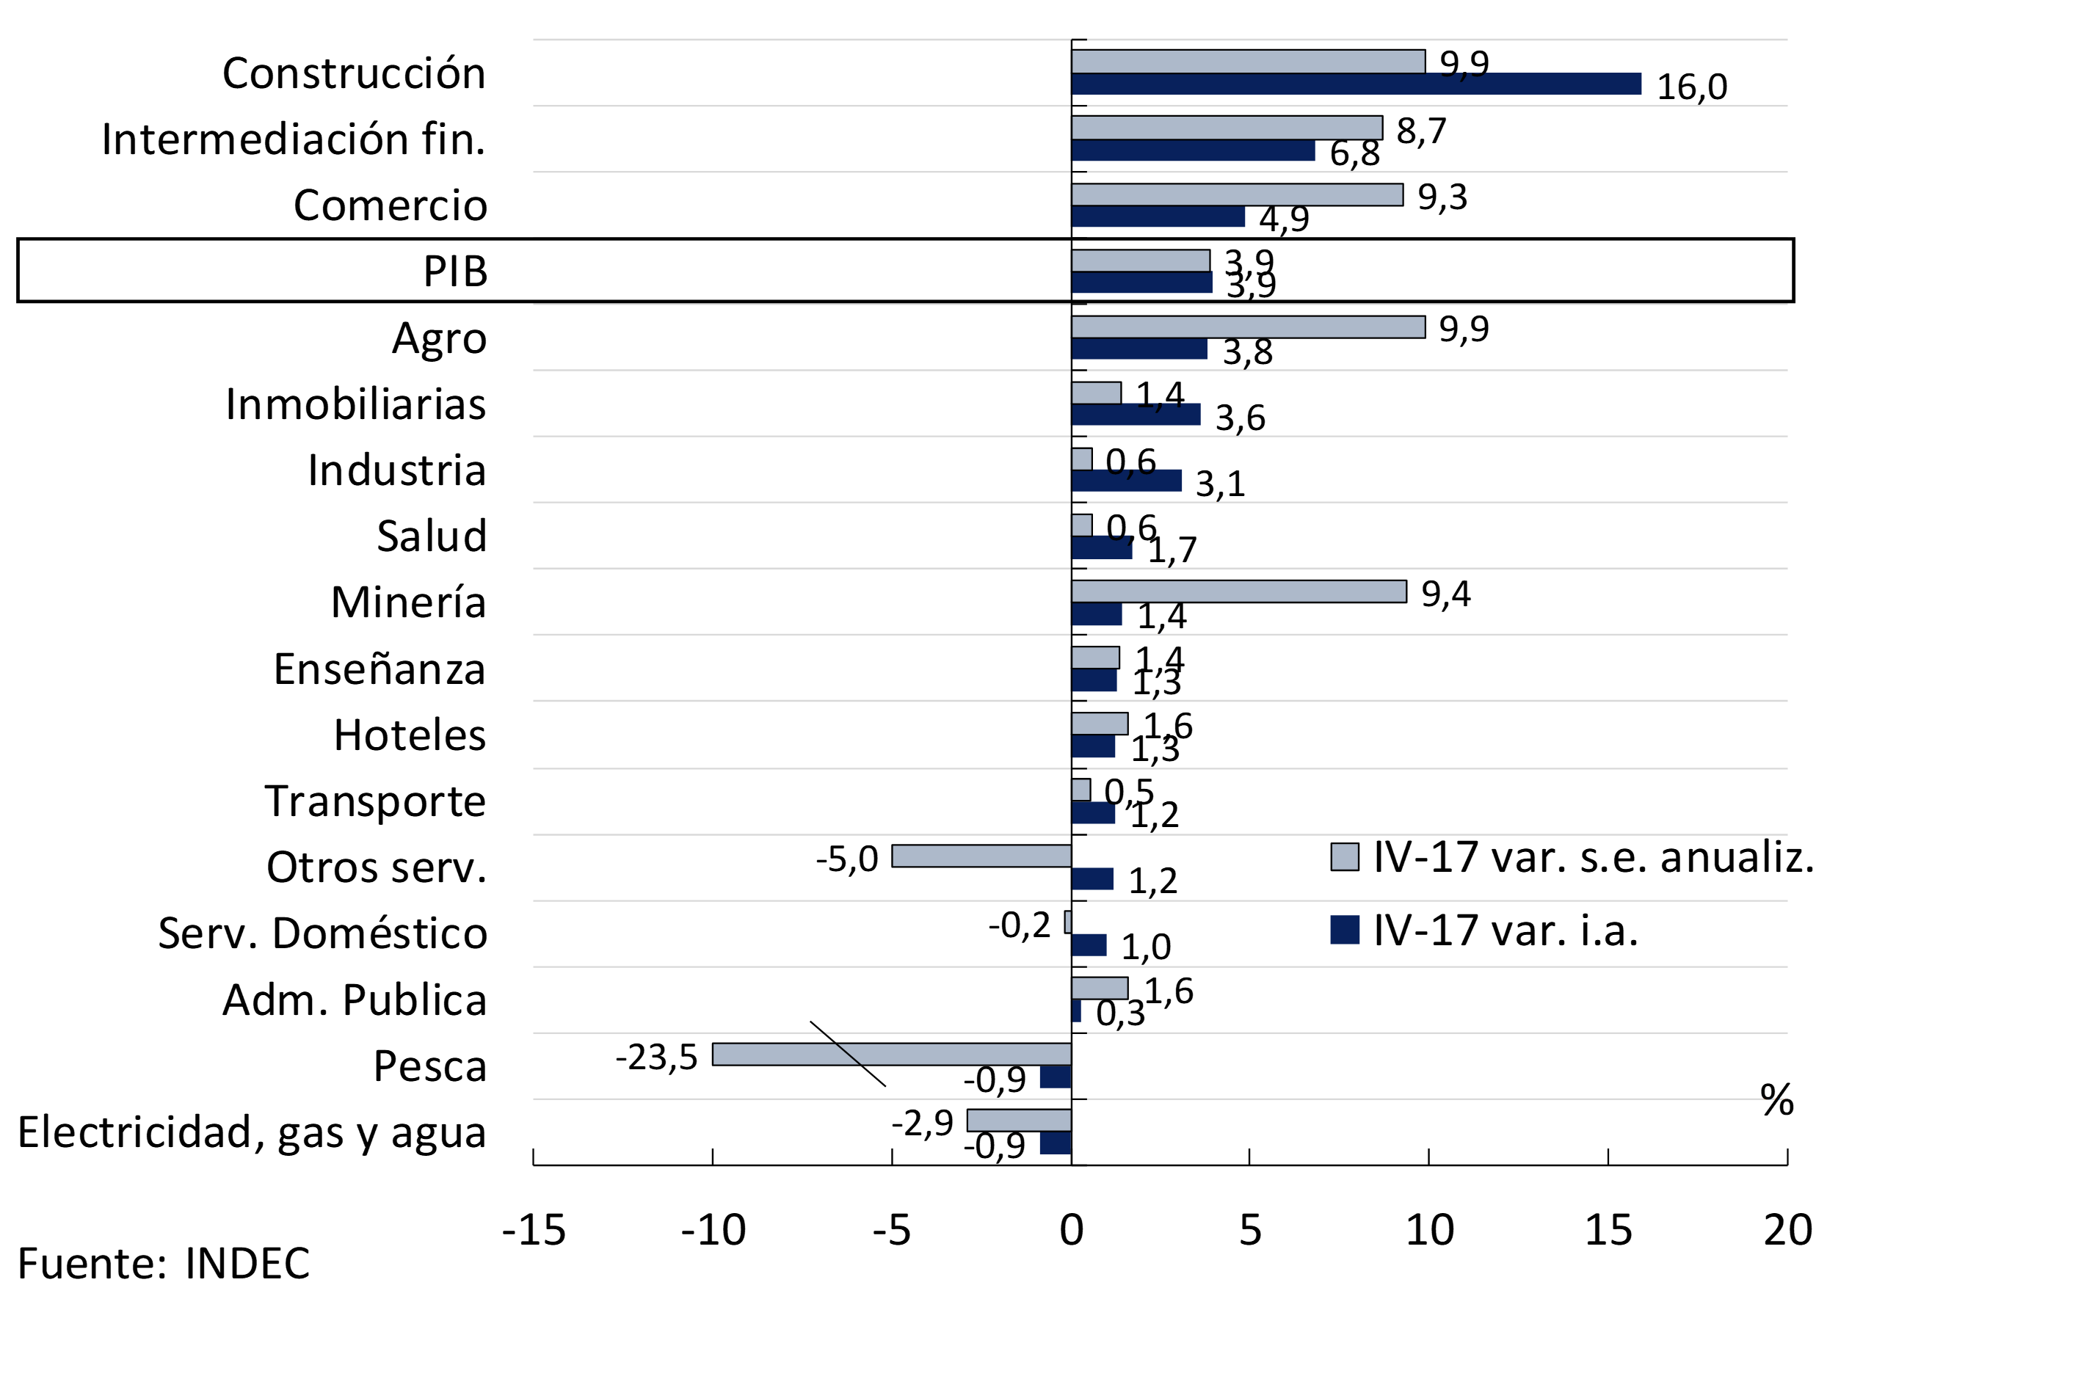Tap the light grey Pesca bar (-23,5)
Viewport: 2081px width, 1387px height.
(891, 1054)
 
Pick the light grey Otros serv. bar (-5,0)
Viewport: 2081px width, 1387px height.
(981, 856)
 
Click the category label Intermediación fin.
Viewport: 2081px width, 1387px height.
(294, 139)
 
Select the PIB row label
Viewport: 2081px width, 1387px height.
(455, 271)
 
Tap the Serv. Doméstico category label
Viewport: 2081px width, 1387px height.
(322, 933)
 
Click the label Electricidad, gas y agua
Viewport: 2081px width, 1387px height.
(253, 1132)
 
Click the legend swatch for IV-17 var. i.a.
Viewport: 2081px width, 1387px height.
(1344, 930)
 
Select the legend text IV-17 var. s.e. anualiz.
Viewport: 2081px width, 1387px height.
(1594, 857)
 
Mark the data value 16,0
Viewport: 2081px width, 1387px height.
(1692, 87)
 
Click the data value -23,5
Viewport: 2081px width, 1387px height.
(656, 1056)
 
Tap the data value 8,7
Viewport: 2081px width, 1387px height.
(1421, 131)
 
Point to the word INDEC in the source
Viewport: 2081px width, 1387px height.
(248, 1263)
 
